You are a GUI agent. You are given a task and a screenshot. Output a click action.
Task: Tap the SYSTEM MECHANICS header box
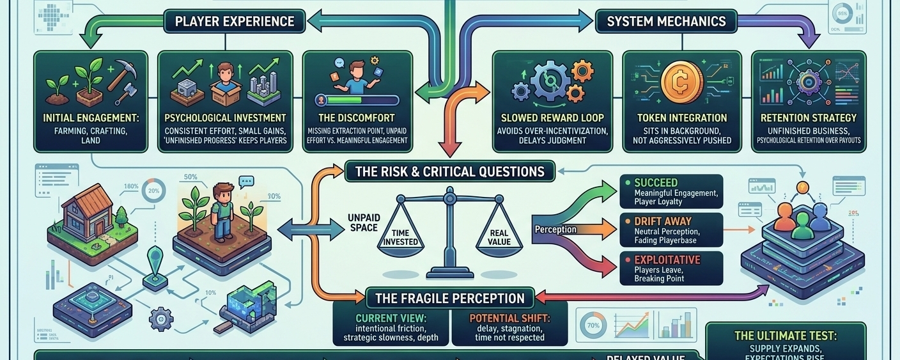coord(666,21)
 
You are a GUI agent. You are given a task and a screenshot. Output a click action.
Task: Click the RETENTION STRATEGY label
coord(808,118)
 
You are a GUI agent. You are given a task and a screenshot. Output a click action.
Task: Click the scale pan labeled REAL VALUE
coord(499,238)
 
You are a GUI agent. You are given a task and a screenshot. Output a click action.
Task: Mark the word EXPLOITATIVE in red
coord(667,260)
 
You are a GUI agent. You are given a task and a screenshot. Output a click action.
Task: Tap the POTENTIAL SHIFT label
coord(509,318)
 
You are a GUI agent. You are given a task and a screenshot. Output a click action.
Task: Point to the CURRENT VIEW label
coord(391,318)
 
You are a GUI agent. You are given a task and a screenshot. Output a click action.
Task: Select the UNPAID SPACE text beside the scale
coord(364,223)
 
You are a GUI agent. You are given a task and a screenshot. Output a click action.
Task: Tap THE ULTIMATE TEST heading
coord(786,336)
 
